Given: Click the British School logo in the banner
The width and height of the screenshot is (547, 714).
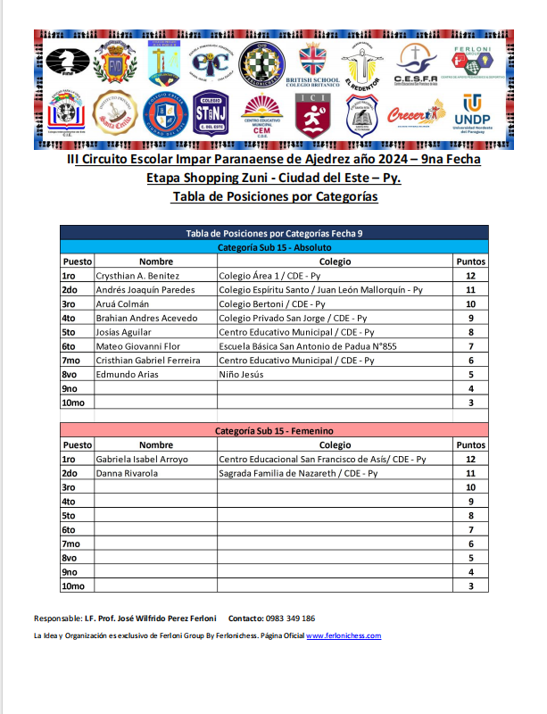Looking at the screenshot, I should pyautogui.click(x=313, y=62).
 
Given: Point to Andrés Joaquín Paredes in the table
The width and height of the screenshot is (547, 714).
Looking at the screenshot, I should pyautogui.click(x=145, y=290).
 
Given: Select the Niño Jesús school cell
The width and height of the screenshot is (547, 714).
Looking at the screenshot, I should pyautogui.click(x=242, y=374).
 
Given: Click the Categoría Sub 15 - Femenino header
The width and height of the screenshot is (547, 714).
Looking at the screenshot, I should pyautogui.click(x=274, y=430).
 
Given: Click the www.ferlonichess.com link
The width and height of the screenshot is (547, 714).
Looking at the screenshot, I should pyautogui.click(x=344, y=635).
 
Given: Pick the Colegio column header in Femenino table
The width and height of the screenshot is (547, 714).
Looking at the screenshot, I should pyautogui.click(x=335, y=444).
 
